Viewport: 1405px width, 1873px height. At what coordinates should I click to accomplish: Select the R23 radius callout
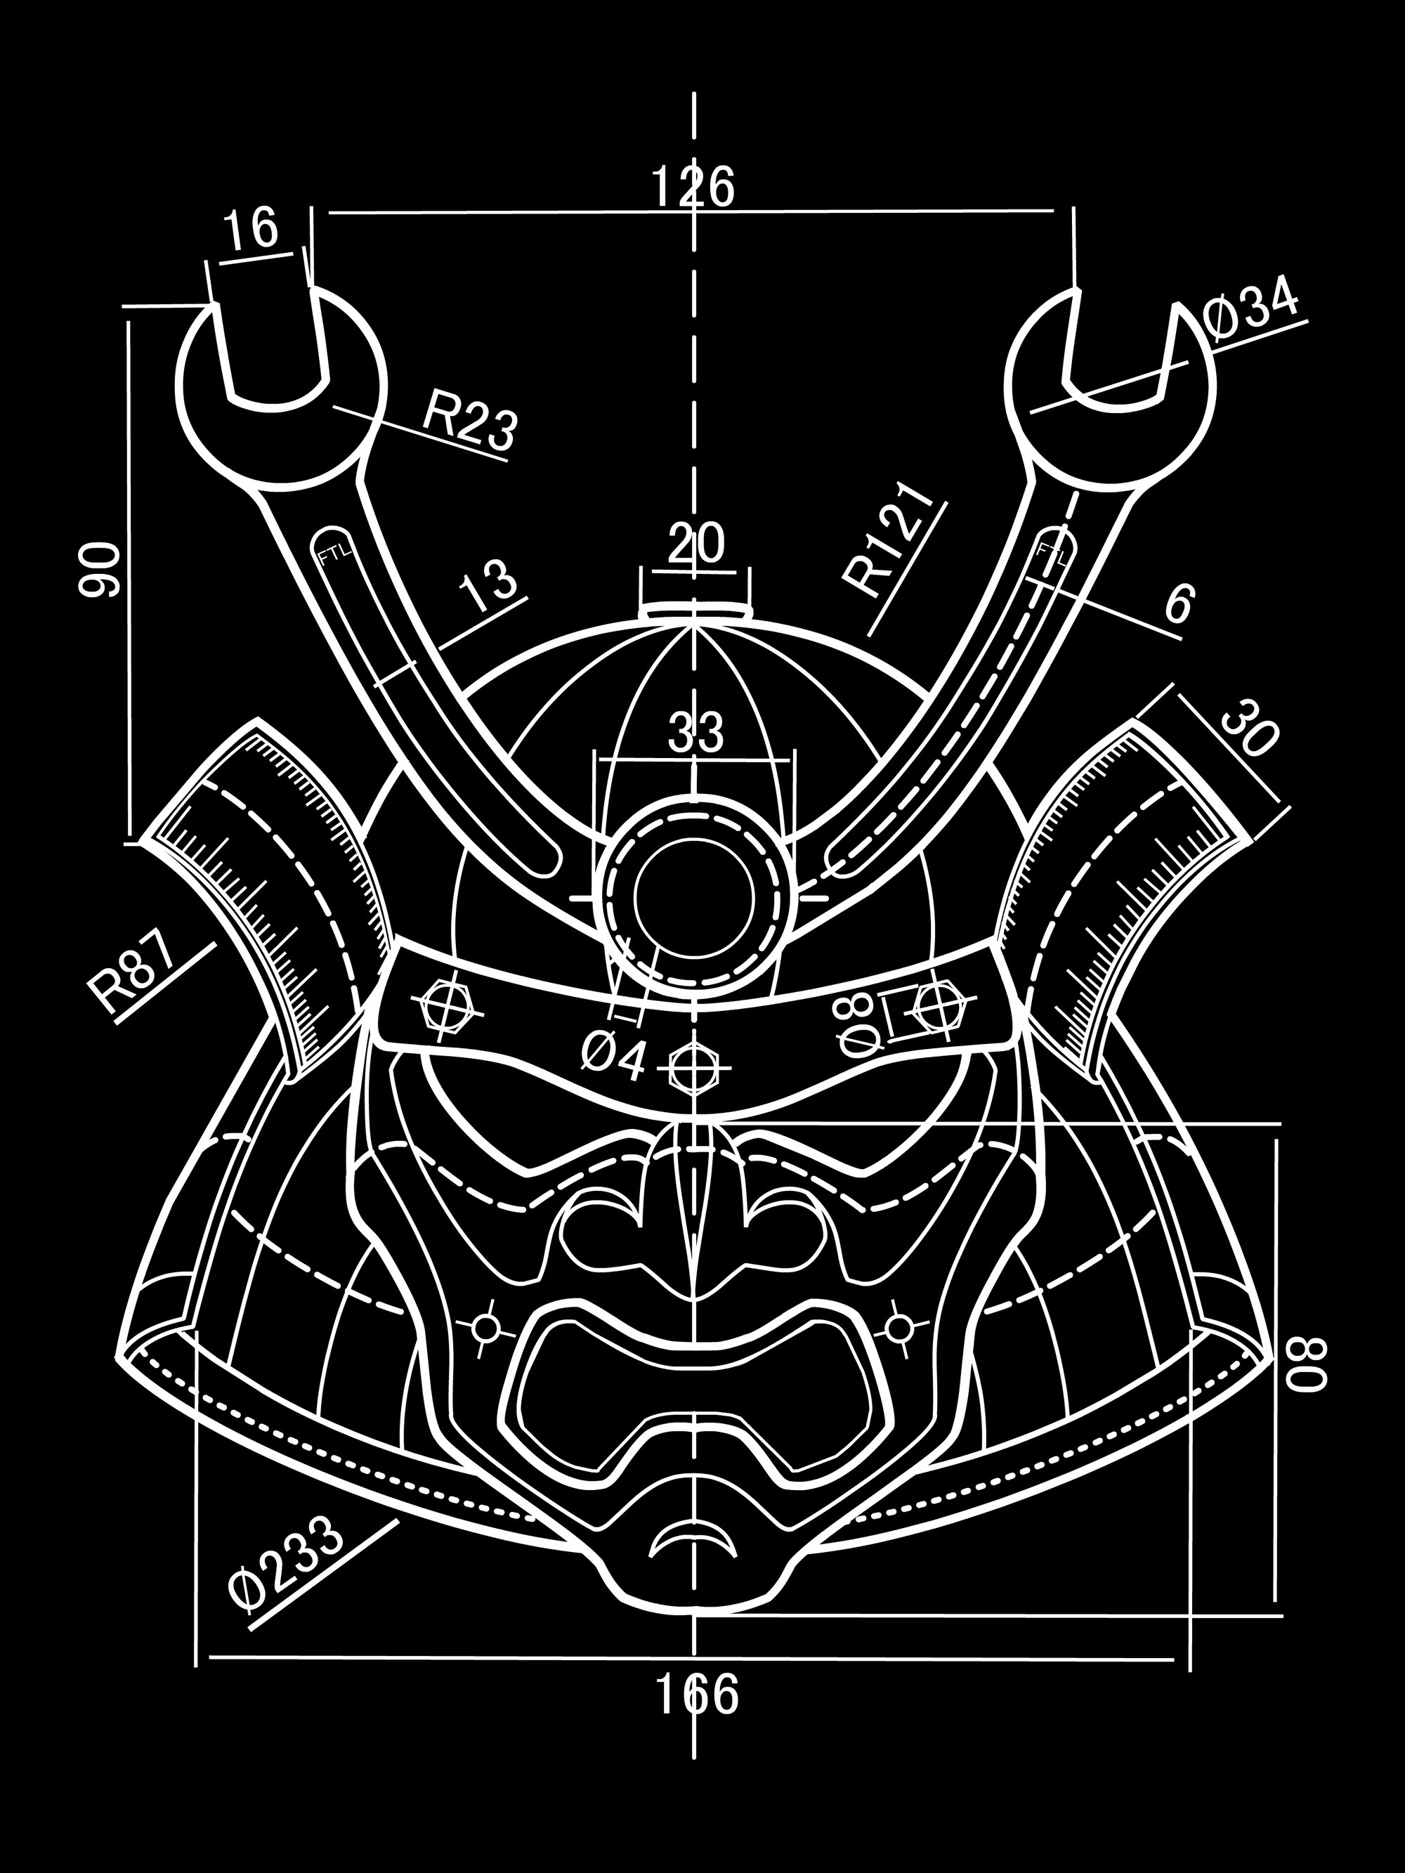coord(469,421)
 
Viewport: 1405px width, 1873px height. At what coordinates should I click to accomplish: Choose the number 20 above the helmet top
coord(696,544)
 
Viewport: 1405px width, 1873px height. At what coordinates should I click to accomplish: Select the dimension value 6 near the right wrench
coord(1178,603)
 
